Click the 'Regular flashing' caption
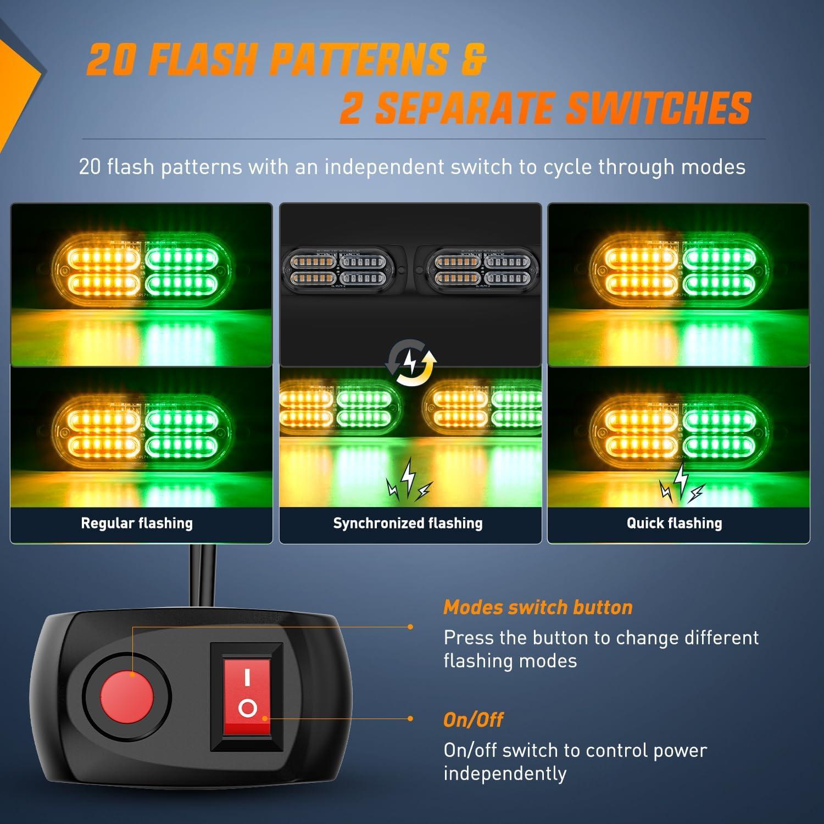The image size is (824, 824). point(137,523)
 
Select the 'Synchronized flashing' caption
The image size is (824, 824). point(408,523)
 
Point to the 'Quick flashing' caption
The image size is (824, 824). point(675,523)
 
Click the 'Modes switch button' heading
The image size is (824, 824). point(538,607)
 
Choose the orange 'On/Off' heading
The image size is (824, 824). point(473,720)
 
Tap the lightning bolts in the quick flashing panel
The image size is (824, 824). point(682,483)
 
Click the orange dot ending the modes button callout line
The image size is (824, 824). point(410,626)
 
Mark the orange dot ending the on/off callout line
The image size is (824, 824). point(410,719)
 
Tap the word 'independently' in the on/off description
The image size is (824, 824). point(504,773)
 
